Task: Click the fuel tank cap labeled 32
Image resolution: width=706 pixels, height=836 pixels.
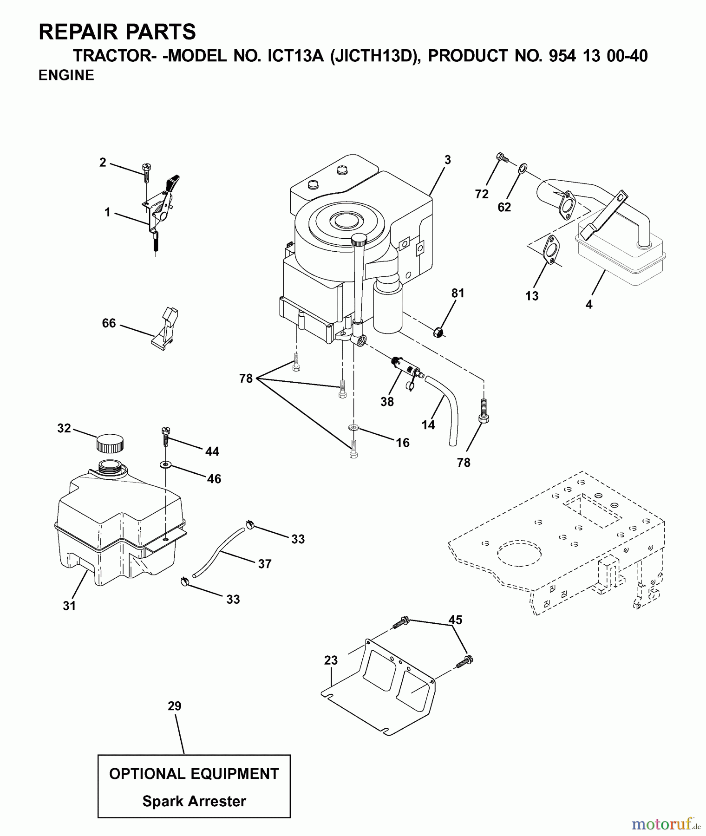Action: pos(110,443)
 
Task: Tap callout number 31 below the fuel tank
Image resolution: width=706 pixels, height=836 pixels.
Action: pos(69,606)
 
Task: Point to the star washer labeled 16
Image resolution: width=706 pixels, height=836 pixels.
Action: pos(353,427)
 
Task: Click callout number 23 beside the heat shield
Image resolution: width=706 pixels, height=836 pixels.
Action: pos(331,660)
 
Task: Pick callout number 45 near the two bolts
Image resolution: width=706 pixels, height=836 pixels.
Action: pos(455,620)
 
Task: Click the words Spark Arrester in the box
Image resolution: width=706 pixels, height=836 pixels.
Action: pos(194,801)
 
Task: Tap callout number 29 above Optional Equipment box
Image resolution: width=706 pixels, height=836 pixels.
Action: pos(174,706)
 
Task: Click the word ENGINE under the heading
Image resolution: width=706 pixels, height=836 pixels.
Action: pos(66,75)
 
